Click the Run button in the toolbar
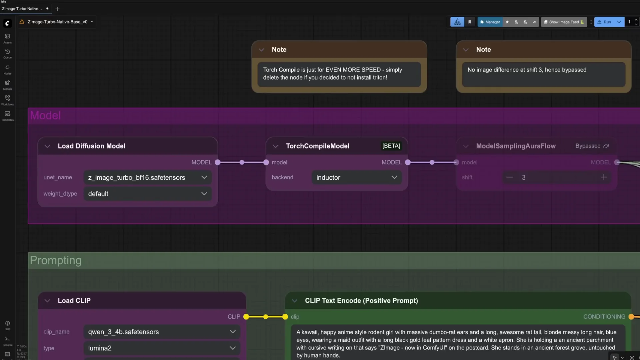(x=605, y=22)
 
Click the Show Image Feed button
(x=564, y=22)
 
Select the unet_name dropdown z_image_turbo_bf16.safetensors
(x=147, y=178)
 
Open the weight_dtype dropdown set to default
(x=147, y=194)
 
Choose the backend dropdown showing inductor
(x=356, y=178)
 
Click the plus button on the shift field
(x=603, y=177)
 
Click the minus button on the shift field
(x=509, y=177)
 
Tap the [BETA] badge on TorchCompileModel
(x=391, y=146)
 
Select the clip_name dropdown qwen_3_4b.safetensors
(x=162, y=332)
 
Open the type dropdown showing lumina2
(x=162, y=348)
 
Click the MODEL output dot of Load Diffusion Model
(x=218, y=162)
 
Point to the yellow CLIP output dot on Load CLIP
(x=246, y=317)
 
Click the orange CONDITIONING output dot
(x=631, y=317)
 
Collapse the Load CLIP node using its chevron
(x=47, y=301)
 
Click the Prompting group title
(x=56, y=260)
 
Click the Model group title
(x=45, y=115)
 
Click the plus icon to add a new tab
(x=57, y=9)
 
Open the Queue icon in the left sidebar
(x=7, y=53)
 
